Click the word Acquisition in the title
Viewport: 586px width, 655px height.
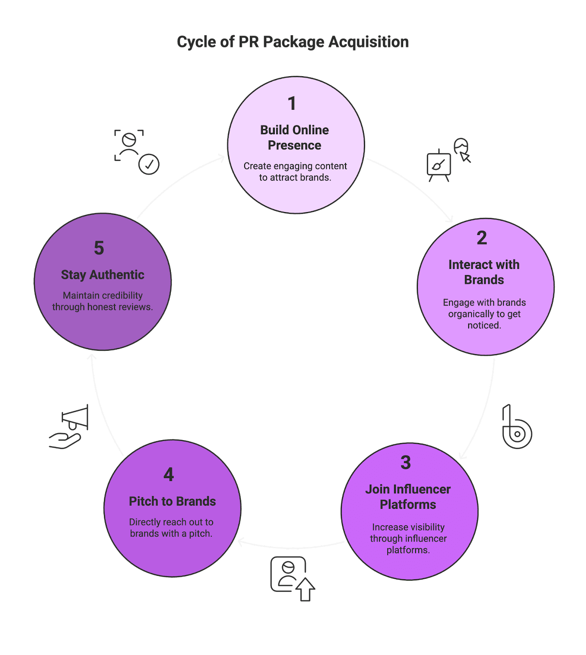(x=368, y=42)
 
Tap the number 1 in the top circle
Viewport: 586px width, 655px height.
(x=292, y=104)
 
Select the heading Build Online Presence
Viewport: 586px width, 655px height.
(x=294, y=138)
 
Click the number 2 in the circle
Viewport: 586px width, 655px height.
(x=482, y=238)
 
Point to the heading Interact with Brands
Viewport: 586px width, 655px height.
(x=484, y=272)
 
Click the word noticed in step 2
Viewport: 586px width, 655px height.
(x=484, y=325)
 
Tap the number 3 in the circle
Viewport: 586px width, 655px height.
(x=405, y=463)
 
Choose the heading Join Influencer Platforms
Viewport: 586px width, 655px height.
(x=408, y=497)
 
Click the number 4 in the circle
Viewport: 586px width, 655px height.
(x=168, y=474)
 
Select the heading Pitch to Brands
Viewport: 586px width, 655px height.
(x=172, y=501)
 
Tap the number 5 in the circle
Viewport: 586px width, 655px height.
(x=99, y=248)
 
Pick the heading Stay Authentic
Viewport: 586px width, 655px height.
(x=103, y=275)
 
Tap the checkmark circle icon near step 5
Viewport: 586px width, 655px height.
(x=149, y=165)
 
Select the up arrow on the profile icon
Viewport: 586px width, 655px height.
(x=305, y=589)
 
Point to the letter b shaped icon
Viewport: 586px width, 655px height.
(x=516, y=428)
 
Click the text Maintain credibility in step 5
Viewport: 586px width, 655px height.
(x=103, y=296)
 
